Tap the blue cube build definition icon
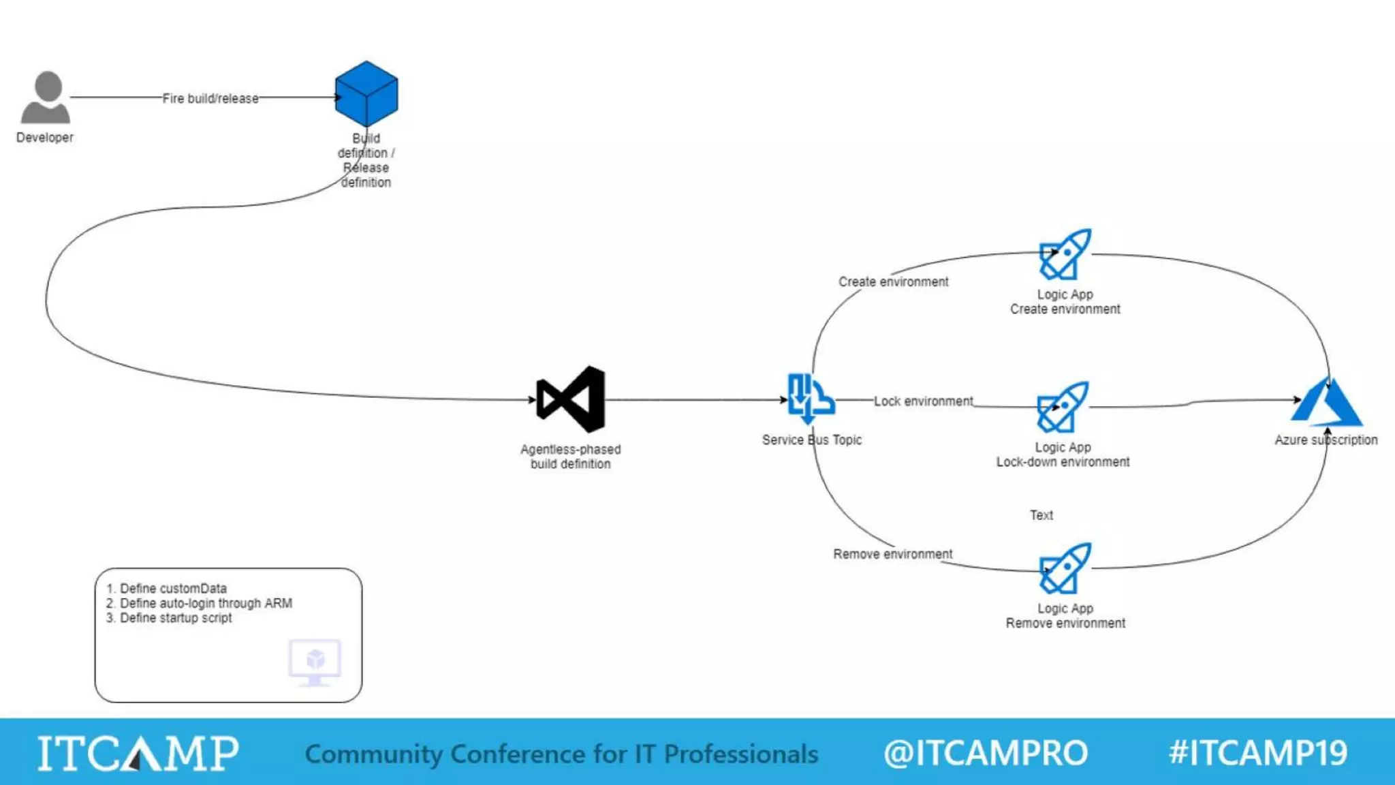(x=366, y=94)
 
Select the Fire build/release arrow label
(x=210, y=99)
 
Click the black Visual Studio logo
(x=571, y=400)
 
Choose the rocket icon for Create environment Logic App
(x=1065, y=254)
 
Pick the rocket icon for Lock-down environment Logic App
(x=1063, y=407)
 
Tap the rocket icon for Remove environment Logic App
(x=1065, y=568)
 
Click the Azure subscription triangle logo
(x=1326, y=402)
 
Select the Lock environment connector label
(x=923, y=401)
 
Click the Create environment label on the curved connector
(x=893, y=282)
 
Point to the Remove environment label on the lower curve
(x=892, y=554)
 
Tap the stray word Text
(x=1041, y=515)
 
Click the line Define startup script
(x=175, y=618)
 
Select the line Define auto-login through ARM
(x=205, y=603)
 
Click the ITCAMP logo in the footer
(x=138, y=753)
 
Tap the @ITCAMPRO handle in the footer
(x=985, y=753)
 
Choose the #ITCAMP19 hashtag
(x=1257, y=753)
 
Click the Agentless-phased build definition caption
(x=571, y=457)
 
